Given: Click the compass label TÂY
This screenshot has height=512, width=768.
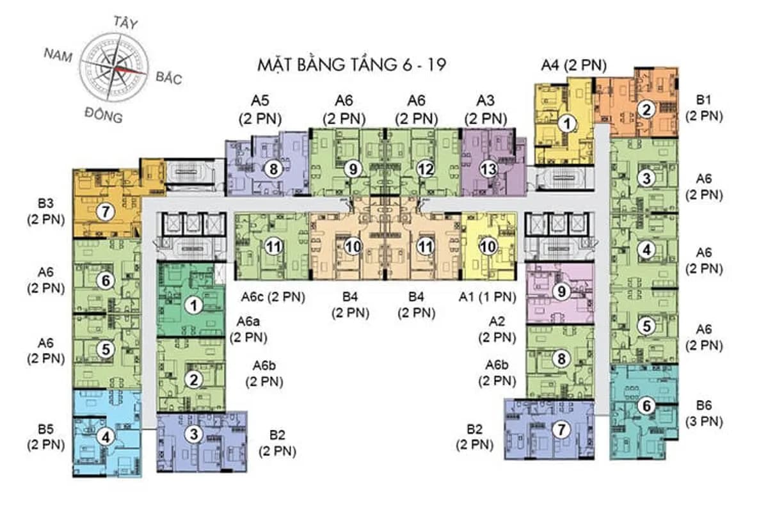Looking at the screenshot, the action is (x=126, y=22).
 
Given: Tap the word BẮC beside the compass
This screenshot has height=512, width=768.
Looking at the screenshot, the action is (x=169, y=78).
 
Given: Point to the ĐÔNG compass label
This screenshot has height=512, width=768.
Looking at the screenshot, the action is (x=104, y=115).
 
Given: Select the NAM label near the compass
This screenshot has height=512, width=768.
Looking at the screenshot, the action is (x=58, y=55).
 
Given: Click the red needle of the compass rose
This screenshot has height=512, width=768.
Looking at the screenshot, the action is (x=131, y=70).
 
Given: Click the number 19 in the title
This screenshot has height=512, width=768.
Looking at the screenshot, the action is (x=436, y=65).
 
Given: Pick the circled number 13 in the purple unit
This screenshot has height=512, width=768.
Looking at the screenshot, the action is (x=488, y=169).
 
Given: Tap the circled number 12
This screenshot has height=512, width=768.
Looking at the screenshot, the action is (x=426, y=169).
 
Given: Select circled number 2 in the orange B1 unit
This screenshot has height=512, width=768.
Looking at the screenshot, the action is (x=646, y=109).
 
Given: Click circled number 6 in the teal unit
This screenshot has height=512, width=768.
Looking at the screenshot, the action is (x=646, y=406).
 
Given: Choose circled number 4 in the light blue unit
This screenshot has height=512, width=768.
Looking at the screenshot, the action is (x=106, y=437).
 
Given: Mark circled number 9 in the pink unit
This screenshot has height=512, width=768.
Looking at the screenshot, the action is (x=561, y=291).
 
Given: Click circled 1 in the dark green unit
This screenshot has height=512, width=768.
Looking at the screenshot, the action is (x=194, y=305).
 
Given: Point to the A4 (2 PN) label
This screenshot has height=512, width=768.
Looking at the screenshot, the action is (x=573, y=65).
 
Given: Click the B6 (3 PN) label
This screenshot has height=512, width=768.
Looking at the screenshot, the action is (x=704, y=413).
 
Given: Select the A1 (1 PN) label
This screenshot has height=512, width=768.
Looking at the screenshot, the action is (x=487, y=297).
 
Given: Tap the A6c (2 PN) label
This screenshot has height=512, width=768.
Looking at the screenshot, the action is (x=273, y=297).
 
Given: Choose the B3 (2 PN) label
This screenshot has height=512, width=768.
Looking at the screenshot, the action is (x=46, y=211).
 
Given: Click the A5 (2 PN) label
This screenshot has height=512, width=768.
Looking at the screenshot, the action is (x=260, y=109).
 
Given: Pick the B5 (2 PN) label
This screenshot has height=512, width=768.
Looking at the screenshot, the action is (x=46, y=437).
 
